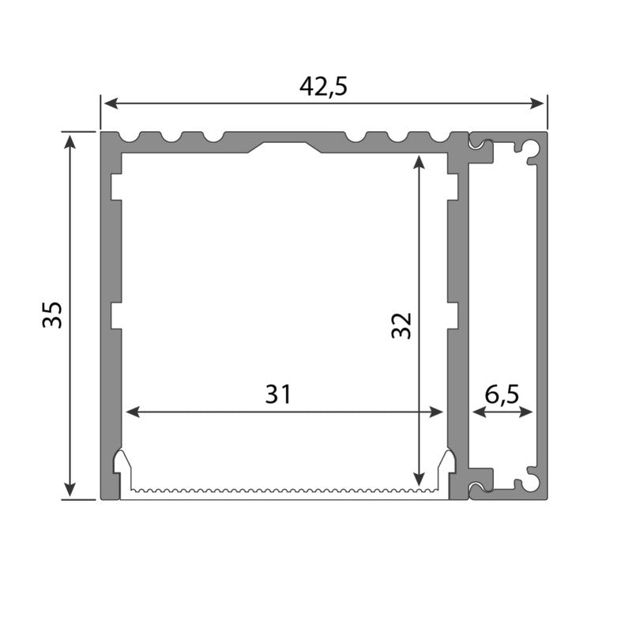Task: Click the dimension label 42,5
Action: [x=323, y=86]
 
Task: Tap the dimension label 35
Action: [x=52, y=314]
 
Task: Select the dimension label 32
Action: [x=402, y=325]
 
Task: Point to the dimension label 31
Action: [x=278, y=393]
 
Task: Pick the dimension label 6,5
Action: [x=502, y=393]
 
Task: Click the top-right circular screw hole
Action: [x=534, y=147]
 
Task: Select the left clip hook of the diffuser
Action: [x=122, y=461]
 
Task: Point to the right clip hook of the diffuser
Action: [x=448, y=461]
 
